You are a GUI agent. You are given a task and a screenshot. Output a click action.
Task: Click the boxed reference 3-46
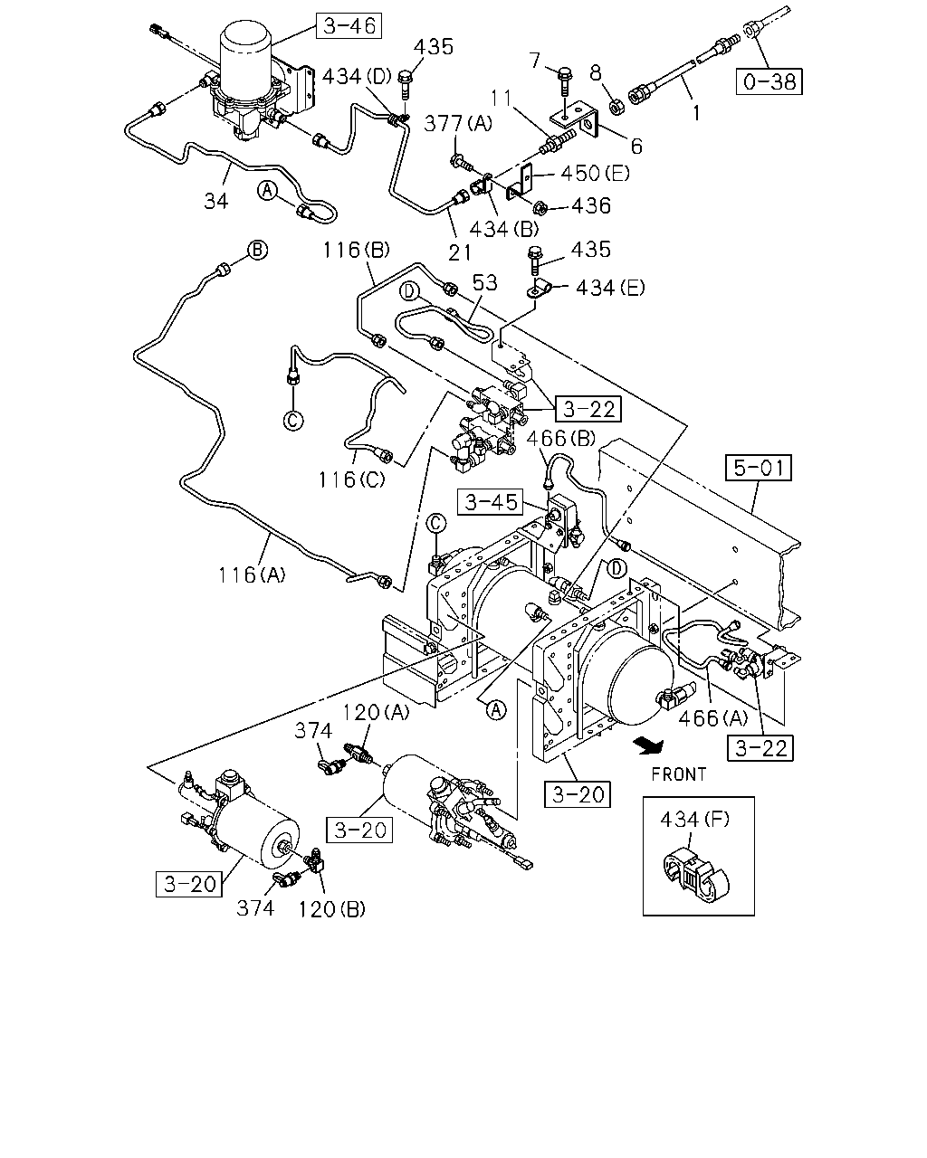tap(349, 26)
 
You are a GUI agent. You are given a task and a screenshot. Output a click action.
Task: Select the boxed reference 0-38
tap(769, 81)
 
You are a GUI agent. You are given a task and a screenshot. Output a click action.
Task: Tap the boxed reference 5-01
tap(759, 468)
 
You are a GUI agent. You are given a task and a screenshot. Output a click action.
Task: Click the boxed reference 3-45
tap(491, 502)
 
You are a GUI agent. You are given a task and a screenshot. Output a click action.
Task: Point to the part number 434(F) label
tap(695, 820)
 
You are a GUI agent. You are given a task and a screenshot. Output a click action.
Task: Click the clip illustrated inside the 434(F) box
tap(695, 873)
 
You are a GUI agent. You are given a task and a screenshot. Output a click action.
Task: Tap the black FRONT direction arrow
tap(649, 745)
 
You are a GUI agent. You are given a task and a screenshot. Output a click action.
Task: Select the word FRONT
tap(679, 774)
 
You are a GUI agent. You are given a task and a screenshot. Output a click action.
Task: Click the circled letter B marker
tap(257, 251)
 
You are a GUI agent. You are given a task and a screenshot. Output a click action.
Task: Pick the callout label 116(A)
tap(252, 575)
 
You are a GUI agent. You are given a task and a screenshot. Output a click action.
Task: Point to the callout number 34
tap(216, 201)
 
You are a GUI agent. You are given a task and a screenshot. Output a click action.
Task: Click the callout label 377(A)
tap(458, 124)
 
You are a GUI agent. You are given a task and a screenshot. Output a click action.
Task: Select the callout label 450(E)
tap(595, 174)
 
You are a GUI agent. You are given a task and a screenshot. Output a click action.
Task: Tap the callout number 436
tap(591, 205)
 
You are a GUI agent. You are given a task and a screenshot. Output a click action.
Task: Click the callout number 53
tap(485, 283)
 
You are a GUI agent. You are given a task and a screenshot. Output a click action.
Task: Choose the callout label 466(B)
tap(560, 439)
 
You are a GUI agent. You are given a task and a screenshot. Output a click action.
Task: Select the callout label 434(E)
tap(610, 288)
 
